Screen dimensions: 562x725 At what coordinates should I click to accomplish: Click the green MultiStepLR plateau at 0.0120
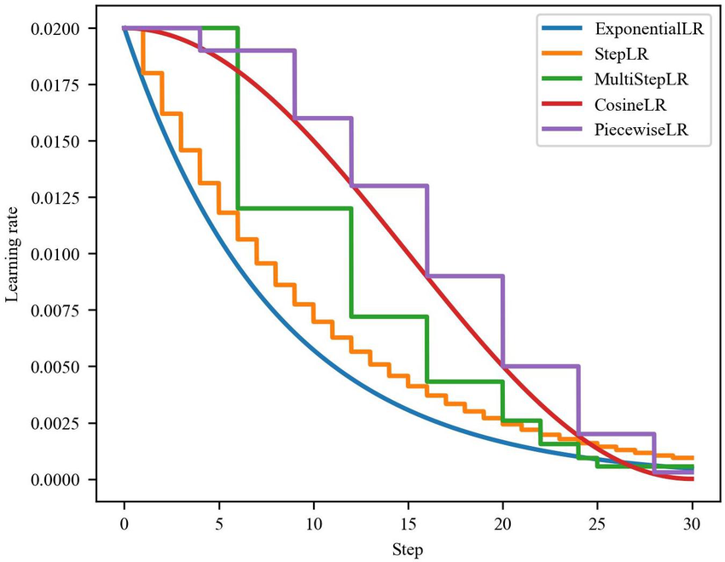tap(294, 208)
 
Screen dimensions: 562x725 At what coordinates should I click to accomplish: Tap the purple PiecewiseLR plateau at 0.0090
tap(465, 275)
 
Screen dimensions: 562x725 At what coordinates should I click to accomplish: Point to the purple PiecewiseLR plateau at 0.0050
tap(541, 366)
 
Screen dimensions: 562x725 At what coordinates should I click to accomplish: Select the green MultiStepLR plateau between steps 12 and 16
tap(389, 316)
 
